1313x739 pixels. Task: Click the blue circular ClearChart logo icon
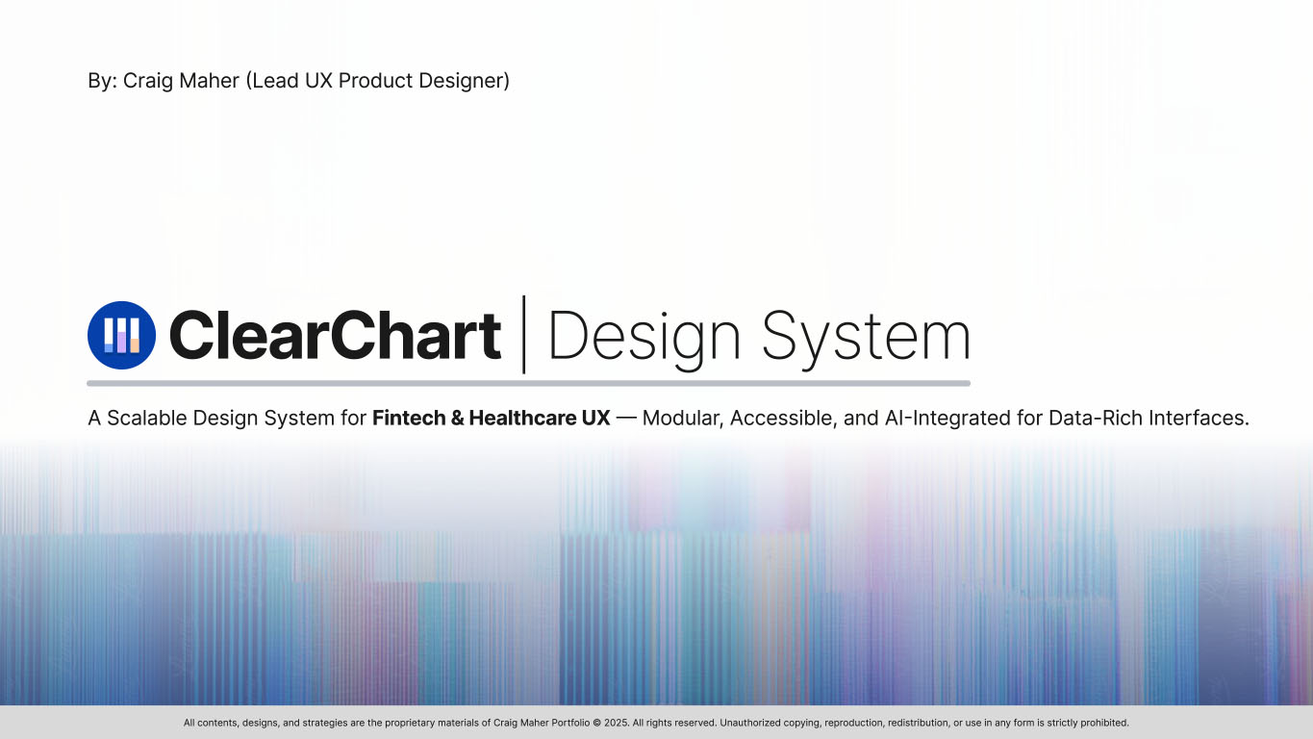pos(121,335)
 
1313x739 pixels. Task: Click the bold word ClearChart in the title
pos(335,335)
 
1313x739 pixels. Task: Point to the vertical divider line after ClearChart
pos(524,334)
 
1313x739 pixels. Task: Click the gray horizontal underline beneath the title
pos(528,383)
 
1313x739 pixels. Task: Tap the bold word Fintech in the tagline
pos(405,419)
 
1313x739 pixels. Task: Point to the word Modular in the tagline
pos(680,419)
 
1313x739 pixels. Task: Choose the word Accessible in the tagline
pos(774,419)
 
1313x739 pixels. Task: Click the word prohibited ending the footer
pos(1105,723)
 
